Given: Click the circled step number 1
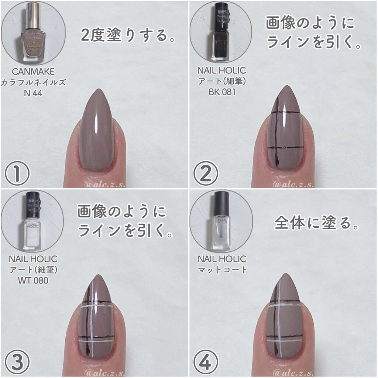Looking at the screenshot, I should click(x=17, y=173).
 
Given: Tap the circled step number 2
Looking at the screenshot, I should click(x=206, y=173).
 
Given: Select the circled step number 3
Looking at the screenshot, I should click(x=17, y=362).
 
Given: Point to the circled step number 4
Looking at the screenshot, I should click(x=206, y=362).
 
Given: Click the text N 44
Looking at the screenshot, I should click(x=33, y=93).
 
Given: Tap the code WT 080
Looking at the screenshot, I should click(x=33, y=281).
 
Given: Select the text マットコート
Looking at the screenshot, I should click(x=221, y=269).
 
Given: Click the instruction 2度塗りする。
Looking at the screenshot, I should click(x=128, y=36).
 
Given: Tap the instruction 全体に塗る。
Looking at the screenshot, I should click(x=317, y=223).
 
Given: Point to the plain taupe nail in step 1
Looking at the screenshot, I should click(x=99, y=137).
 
